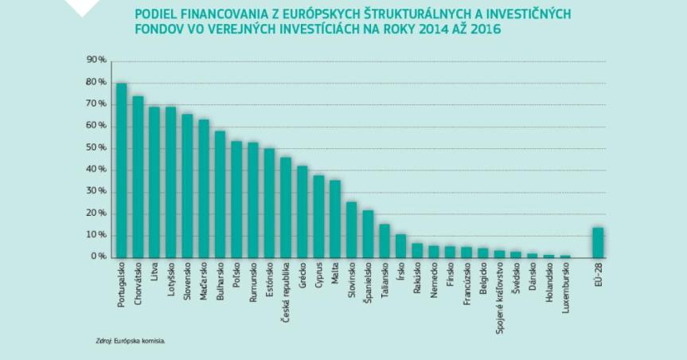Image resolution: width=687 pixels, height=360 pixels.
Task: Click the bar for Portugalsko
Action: pos(122,170)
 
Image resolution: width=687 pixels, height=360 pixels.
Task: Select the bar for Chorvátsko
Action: pos(138,177)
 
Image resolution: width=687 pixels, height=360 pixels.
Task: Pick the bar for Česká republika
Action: pos(286,207)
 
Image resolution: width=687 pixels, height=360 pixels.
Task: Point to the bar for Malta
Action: pos(335,219)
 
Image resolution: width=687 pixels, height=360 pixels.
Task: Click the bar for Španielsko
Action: pos(368,234)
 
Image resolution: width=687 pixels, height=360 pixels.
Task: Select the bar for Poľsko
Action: pos(236,200)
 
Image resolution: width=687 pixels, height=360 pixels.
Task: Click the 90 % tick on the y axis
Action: pos(96,61)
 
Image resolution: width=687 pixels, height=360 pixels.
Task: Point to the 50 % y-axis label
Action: pos(96,148)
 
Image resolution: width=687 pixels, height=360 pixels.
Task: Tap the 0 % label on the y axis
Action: pos(99,257)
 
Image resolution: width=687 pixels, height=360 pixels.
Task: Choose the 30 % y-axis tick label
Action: pos(96,192)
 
